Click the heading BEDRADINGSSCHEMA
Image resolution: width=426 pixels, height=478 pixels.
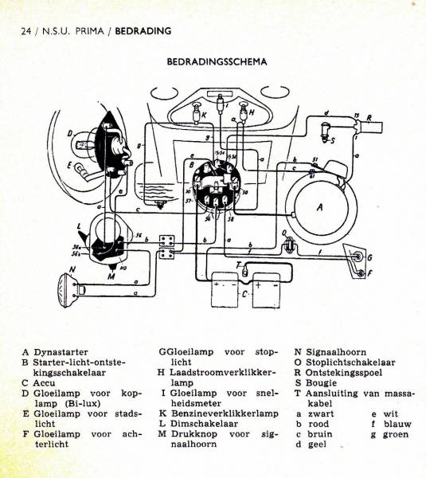(x=216, y=61)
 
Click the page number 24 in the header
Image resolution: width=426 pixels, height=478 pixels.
(x=26, y=32)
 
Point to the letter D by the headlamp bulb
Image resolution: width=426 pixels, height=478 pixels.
(x=70, y=133)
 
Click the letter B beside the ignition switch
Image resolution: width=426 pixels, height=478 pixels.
(x=191, y=165)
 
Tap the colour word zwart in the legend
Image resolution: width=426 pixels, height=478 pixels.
(x=322, y=413)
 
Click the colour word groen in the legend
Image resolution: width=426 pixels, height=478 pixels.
(x=396, y=434)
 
